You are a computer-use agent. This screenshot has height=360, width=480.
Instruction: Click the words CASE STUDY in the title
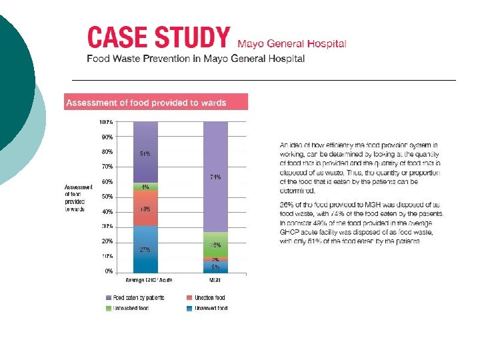(x=159, y=37)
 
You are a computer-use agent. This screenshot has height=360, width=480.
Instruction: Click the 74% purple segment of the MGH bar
(x=215, y=177)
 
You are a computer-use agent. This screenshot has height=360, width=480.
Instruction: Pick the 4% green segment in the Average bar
(x=145, y=187)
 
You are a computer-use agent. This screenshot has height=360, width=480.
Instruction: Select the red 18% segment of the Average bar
(x=145, y=209)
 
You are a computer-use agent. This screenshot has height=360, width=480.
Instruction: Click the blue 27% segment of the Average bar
(x=145, y=249)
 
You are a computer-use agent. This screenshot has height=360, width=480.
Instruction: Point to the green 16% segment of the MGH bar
(x=215, y=245)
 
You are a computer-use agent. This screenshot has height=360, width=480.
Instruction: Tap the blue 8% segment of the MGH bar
(x=215, y=267)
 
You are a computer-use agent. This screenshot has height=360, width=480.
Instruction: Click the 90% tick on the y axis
(x=107, y=137)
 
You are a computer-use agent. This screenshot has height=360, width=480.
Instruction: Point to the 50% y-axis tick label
(x=107, y=197)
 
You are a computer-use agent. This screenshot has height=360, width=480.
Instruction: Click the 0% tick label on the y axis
(x=108, y=271)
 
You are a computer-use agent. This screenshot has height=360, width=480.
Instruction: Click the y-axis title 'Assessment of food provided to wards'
(x=75, y=198)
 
